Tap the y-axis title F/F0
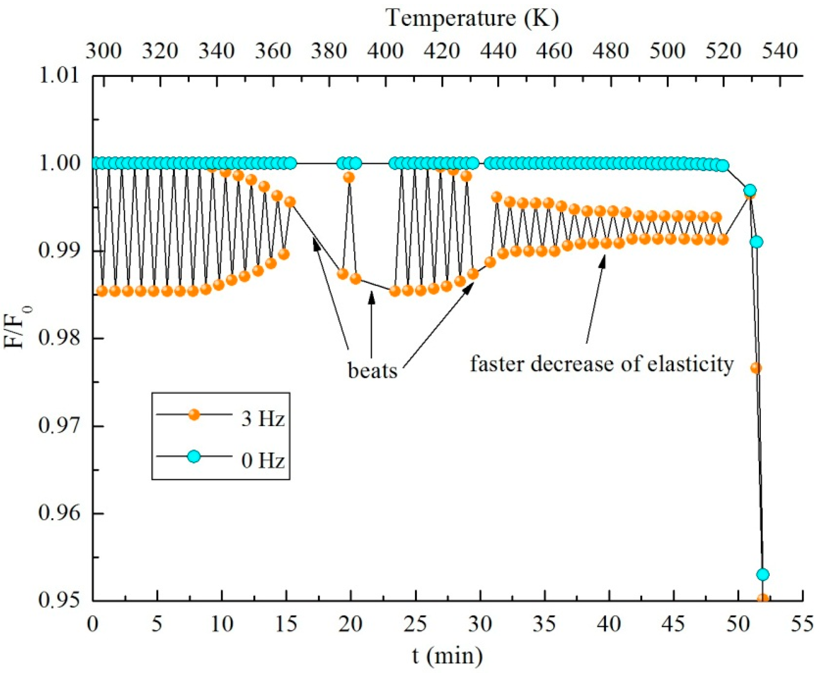[x=16, y=328]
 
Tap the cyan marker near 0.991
[x=756, y=242]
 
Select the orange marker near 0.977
[x=756, y=368]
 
